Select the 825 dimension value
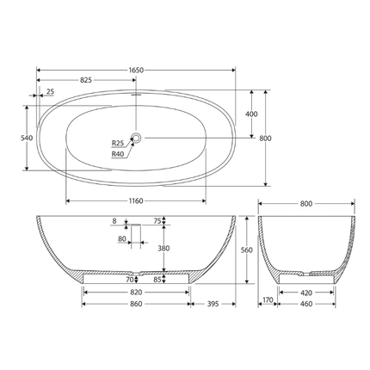tap(87, 78)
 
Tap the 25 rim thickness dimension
tap(50, 91)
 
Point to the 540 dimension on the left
tap(26, 138)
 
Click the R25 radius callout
tap(118, 143)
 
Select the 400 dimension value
tap(251, 114)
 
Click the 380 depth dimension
tap(163, 249)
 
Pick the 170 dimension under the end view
tap(268, 300)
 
